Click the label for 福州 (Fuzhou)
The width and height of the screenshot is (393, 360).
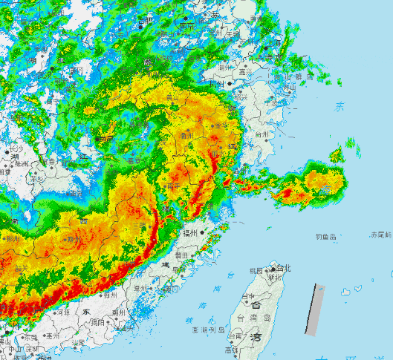pos(190,233)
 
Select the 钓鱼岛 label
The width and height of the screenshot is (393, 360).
pos(325,237)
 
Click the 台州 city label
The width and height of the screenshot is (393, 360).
pos(262,135)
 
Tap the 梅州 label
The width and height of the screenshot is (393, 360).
pos(111,295)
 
